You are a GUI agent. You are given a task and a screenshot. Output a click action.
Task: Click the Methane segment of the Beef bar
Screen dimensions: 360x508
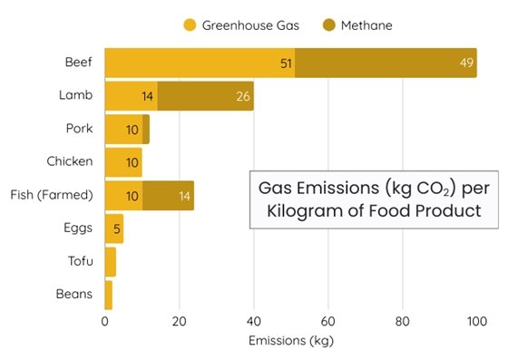pyautogui.click(x=386, y=63)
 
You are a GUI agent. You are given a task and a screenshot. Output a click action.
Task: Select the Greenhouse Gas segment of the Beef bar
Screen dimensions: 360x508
pyautogui.click(x=200, y=63)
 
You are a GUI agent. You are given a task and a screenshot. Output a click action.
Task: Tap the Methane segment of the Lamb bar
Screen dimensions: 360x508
pyautogui.click(x=205, y=95)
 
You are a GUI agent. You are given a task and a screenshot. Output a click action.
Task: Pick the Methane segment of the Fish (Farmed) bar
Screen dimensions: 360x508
pyautogui.click(x=168, y=195)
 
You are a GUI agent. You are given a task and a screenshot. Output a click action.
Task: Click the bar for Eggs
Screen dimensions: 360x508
pyautogui.click(x=114, y=229)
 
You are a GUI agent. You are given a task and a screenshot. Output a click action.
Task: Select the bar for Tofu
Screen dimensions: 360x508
pyautogui.click(x=111, y=261)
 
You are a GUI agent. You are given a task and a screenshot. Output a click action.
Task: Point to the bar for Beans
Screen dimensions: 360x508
pyautogui.click(x=109, y=295)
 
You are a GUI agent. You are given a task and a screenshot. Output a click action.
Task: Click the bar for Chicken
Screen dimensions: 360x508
pyautogui.click(x=123, y=161)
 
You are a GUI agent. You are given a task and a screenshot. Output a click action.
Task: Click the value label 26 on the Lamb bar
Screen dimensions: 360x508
pyautogui.click(x=242, y=96)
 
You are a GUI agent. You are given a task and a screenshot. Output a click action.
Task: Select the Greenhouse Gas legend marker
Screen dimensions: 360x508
pyautogui.click(x=190, y=25)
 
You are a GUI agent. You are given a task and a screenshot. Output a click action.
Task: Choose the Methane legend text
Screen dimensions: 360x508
pyautogui.click(x=366, y=25)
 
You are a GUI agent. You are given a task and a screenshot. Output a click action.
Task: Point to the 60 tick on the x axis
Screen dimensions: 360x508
pyautogui.click(x=328, y=321)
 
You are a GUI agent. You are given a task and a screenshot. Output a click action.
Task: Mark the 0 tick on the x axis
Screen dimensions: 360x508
pyautogui.click(x=105, y=321)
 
